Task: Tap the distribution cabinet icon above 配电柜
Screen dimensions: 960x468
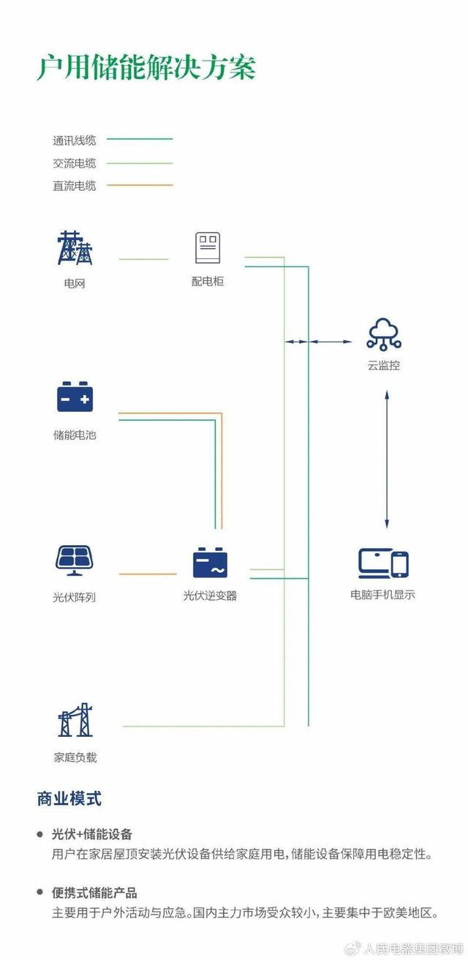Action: [x=207, y=248]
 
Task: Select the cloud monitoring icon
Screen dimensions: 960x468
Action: [x=384, y=334]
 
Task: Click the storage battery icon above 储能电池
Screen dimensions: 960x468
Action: [x=75, y=397]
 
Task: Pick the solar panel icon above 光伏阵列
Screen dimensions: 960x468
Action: [x=75, y=560]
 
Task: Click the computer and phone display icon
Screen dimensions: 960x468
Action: [x=383, y=563]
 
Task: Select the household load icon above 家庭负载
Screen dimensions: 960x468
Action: [x=75, y=720]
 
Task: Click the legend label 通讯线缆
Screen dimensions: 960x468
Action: [x=74, y=140]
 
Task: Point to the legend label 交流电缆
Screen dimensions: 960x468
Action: [x=74, y=163]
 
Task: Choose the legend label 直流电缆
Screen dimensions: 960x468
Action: [x=74, y=186]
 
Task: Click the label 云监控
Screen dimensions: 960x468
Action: [x=384, y=365]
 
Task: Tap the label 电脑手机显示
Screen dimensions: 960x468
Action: [x=382, y=595]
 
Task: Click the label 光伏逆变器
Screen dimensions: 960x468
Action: [x=210, y=596]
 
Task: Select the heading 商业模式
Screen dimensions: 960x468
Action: [x=69, y=798]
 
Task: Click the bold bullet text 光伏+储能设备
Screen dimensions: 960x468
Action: [x=92, y=834]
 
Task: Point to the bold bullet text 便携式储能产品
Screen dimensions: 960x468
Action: [x=94, y=893]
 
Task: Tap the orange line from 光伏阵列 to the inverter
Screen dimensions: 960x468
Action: [x=148, y=574]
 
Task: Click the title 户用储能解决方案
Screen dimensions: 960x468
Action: [x=146, y=67]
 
